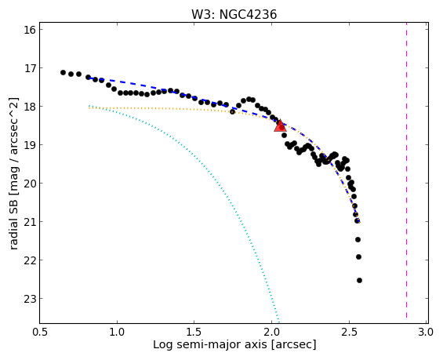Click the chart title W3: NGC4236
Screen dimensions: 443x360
pos(234,14)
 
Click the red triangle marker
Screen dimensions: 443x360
pos(280,125)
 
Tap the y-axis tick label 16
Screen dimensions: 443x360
pos(30,30)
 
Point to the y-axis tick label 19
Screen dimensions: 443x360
pos(30,145)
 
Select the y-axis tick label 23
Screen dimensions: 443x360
pos(30,299)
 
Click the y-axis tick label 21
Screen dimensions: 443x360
pos(30,222)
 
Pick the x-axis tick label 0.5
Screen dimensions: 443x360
pos(40,332)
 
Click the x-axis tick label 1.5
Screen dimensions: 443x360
pos(194,332)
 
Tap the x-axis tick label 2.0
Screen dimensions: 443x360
pos(271,332)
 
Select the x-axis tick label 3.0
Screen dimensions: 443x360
pos(426,332)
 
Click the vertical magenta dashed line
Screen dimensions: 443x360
pos(406,170)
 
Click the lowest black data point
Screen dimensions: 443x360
pos(359,280)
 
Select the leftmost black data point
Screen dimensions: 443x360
pos(63,73)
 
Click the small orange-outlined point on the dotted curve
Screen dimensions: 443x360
pos(232,112)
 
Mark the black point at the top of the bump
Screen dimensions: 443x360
pos(249,99)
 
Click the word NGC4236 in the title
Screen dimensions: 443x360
pos(248,14)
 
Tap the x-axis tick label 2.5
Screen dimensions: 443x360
pos(349,332)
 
